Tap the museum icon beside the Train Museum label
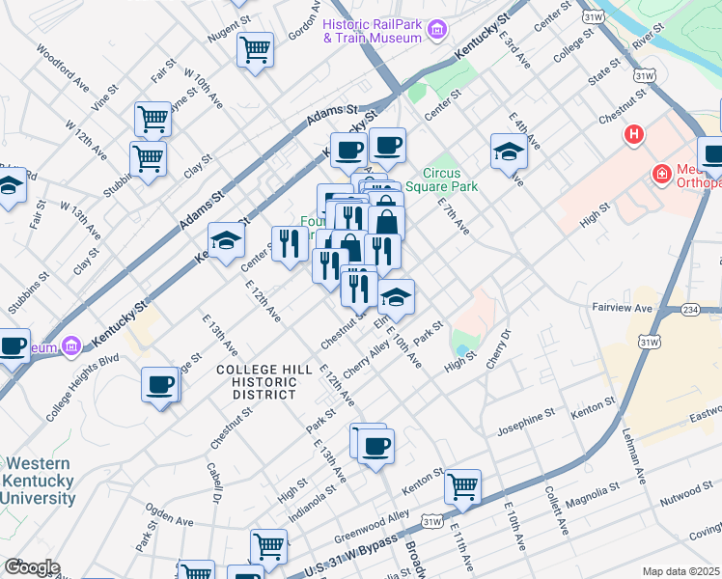(x=436, y=30)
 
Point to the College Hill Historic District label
(x=264, y=382)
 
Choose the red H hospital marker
(x=634, y=134)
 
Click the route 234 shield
(x=689, y=309)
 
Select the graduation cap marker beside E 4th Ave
(x=509, y=151)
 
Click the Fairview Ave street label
(x=623, y=308)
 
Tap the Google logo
(x=31, y=567)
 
